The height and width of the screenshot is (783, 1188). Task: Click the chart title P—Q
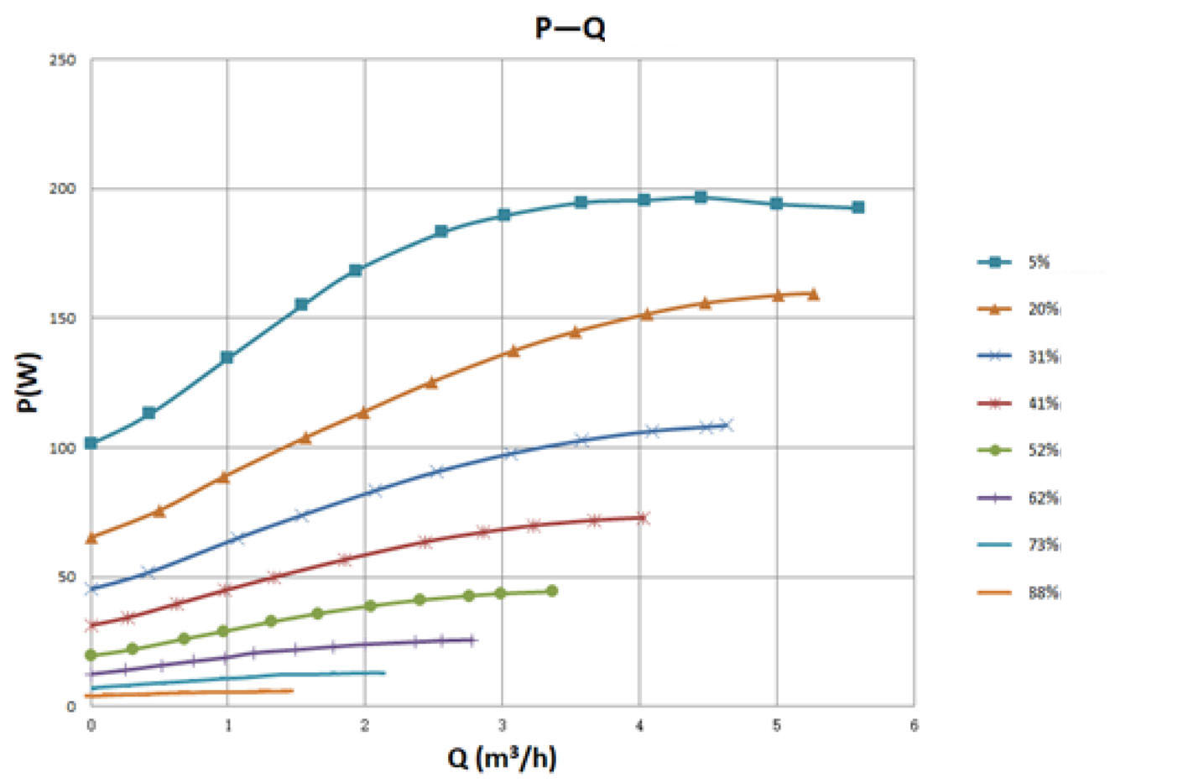(570, 29)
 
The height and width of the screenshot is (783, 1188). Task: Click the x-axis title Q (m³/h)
(502, 758)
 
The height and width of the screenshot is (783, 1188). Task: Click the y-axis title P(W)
(28, 382)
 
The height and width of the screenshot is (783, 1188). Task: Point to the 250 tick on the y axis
(63, 60)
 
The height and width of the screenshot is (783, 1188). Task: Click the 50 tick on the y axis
(66, 577)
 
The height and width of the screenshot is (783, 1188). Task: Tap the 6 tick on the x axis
(914, 726)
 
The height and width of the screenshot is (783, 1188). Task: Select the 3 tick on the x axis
(502, 726)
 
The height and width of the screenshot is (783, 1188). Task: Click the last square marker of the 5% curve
(857, 207)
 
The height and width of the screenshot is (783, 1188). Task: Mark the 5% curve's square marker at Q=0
(91, 443)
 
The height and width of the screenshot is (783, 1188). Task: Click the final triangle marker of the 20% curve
(813, 295)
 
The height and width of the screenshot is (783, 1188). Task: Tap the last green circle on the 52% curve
(552, 591)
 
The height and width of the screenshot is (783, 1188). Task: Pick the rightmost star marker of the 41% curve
(643, 518)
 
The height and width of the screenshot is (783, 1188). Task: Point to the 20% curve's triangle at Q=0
(91, 538)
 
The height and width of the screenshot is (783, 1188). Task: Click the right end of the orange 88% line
(291, 691)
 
